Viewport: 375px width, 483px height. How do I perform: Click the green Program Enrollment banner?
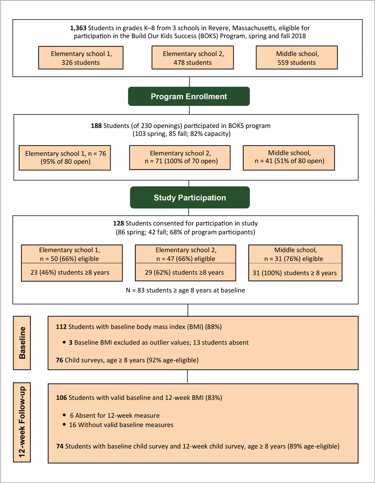point(189,96)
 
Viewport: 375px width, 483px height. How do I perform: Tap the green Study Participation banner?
point(190,197)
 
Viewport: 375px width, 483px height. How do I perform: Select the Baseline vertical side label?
point(22,343)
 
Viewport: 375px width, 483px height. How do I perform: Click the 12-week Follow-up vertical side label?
point(22,422)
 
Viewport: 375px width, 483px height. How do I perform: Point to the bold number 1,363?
point(78,28)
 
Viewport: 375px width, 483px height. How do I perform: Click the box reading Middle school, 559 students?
point(297,58)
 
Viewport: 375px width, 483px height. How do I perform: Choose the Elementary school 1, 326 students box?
point(81,58)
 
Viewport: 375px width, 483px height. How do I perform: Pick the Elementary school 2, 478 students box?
point(192,58)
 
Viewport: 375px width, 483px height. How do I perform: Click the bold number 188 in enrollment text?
point(96,126)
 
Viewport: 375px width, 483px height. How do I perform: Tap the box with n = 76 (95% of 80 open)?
point(65,158)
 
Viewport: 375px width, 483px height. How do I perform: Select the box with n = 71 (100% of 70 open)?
point(180,157)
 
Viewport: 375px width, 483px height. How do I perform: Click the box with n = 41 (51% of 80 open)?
point(289,157)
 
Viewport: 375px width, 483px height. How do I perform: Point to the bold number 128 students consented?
point(118,224)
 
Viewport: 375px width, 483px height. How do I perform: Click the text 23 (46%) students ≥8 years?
point(70,273)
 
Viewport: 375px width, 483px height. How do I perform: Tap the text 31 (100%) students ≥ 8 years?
point(295,273)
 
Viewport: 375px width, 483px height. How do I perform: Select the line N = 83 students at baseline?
point(185,290)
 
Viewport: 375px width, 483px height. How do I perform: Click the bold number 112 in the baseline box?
point(61,327)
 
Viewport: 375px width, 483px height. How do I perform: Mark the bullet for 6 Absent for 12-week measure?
point(65,416)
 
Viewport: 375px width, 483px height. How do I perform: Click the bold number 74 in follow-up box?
point(60,446)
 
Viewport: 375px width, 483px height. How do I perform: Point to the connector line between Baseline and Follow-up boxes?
point(187,376)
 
